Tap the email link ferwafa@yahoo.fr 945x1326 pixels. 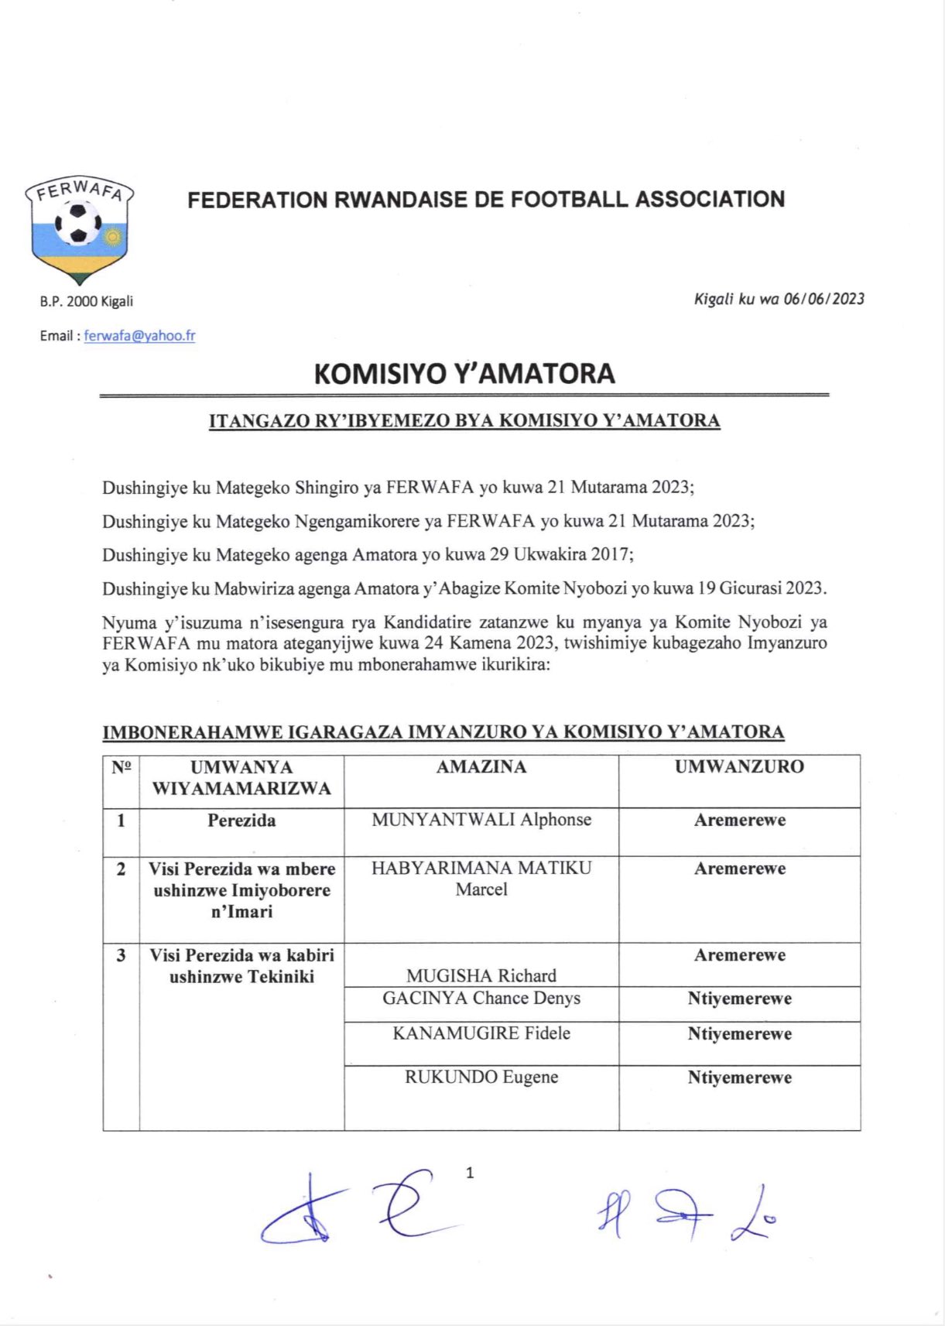tap(139, 336)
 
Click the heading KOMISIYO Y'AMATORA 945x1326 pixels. tap(464, 374)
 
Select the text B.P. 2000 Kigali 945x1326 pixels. tap(87, 301)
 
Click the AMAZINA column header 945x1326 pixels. tap(481, 767)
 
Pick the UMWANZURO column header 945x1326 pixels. tap(739, 767)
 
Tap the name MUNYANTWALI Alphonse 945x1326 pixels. tap(481, 820)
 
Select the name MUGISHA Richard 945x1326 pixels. tap(481, 975)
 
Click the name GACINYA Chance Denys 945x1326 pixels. tap(481, 998)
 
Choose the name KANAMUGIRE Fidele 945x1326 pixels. tap(481, 1033)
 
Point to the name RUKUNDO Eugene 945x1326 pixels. tap(481, 1077)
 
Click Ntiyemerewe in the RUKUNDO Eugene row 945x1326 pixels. tap(739, 1078)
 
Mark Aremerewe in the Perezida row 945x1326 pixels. tap(739, 821)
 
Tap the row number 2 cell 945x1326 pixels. tap(121, 869)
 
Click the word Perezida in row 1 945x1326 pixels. tap(241, 821)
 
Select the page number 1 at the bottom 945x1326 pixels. tap(470, 1174)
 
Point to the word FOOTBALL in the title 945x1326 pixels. tap(570, 200)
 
